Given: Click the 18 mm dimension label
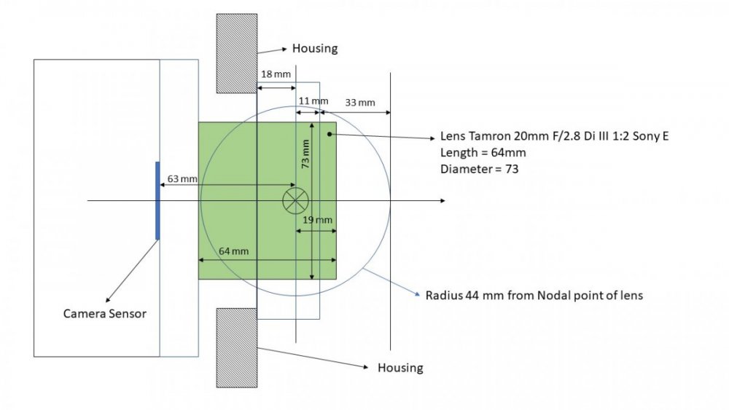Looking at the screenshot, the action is tap(276, 74).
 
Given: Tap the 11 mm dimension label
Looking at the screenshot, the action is tap(313, 100).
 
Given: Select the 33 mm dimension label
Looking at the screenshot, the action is tap(360, 103).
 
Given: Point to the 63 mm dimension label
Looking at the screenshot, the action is tap(182, 178).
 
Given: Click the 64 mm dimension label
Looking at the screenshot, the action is tap(233, 251).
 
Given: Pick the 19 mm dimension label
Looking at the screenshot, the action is tap(318, 220).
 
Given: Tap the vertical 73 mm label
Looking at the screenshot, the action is tap(305, 154).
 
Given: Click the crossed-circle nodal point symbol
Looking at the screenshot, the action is tap(296, 201).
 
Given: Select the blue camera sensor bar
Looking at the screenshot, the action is tap(157, 200).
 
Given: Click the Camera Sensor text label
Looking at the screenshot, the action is tap(104, 314).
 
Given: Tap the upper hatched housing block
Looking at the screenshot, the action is tap(237, 53).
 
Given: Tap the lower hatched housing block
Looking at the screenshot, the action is tap(237, 348).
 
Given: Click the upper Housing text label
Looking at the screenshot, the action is tap(315, 49).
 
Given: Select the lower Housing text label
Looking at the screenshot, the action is tap(400, 368).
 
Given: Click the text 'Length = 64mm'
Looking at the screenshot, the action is tap(483, 153).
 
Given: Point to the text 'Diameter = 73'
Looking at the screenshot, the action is tap(480, 169).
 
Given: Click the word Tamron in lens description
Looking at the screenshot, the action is tap(490, 136).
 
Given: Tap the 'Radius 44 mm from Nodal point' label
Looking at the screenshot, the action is tap(534, 296).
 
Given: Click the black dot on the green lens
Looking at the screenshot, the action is tap(330, 134).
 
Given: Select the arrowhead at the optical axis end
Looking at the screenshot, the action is tap(443, 201).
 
